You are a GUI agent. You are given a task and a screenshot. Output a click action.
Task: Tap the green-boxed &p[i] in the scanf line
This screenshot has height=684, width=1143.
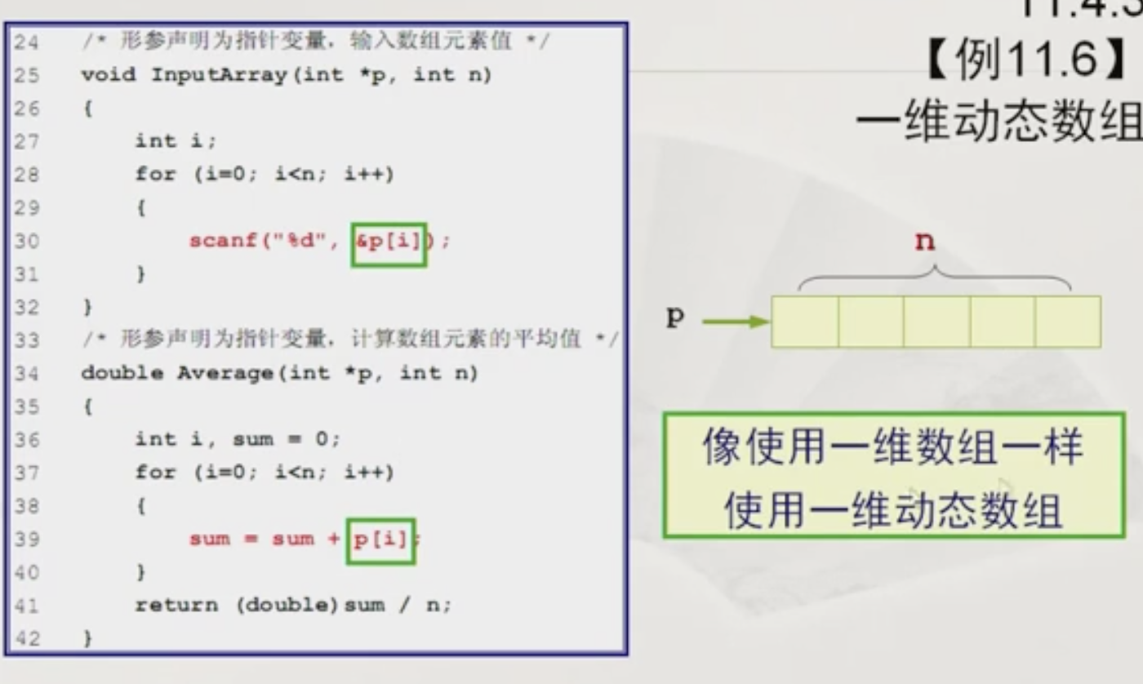pos(389,242)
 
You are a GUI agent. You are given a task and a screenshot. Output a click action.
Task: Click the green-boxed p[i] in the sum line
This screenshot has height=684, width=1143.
pos(380,540)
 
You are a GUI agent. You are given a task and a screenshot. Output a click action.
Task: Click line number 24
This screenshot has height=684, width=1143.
pos(26,42)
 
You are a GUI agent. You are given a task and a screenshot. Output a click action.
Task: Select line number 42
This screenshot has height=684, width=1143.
pos(26,639)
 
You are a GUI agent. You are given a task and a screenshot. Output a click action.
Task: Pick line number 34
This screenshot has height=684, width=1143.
pos(26,374)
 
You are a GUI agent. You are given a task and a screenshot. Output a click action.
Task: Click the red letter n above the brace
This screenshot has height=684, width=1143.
pos(924,242)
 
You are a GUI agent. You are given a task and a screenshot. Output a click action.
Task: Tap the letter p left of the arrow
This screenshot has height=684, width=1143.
pos(674,318)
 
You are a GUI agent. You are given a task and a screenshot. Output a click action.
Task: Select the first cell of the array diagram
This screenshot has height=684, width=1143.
pos(804,322)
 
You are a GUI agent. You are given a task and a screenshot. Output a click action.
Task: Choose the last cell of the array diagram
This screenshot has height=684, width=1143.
pos(1068,322)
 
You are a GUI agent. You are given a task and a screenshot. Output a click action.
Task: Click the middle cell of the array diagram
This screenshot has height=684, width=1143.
pos(936,322)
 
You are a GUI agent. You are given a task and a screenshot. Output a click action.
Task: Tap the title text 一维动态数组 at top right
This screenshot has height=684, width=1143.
pos(998,122)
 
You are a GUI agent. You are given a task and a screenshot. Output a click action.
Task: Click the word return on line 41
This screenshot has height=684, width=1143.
pos(176,606)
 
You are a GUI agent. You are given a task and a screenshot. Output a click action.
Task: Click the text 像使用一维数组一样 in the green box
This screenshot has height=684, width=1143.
pos(892,448)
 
